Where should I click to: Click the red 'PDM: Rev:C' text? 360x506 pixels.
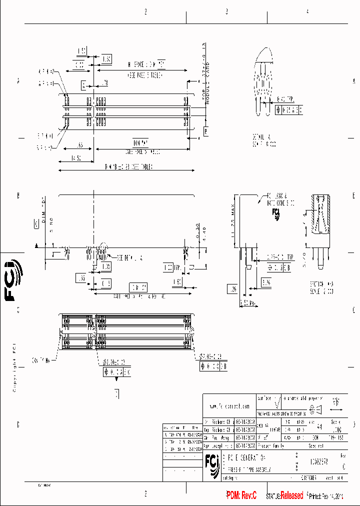click(x=241, y=495)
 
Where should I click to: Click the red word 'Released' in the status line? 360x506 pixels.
click(x=291, y=495)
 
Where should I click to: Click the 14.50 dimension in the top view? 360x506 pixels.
click(x=76, y=158)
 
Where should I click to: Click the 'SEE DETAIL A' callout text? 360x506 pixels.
click(x=129, y=257)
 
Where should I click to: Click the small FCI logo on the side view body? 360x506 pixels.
click(x=275, y=214)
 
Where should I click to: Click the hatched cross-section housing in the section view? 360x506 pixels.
click(x=319, y=215)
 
